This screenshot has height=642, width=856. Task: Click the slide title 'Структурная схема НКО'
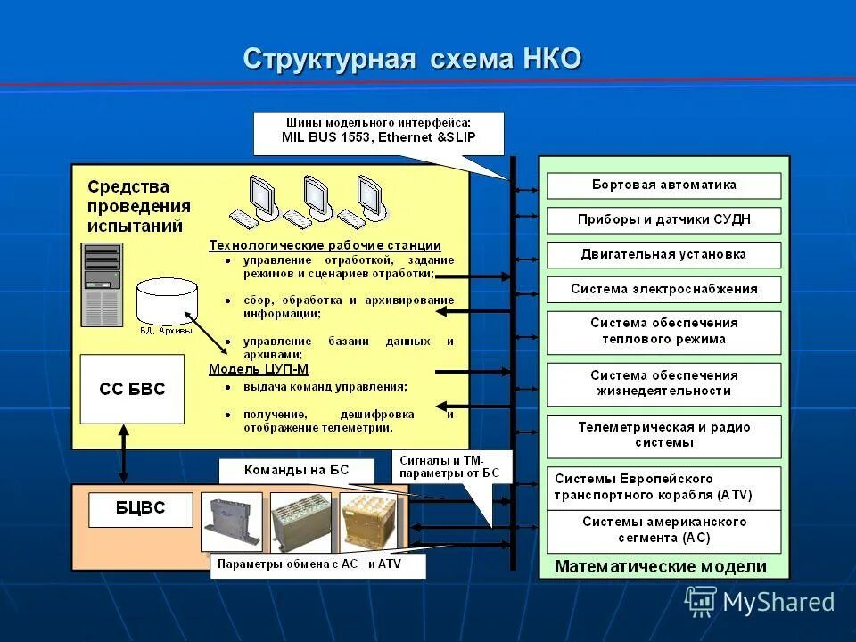click(x=412, y=60)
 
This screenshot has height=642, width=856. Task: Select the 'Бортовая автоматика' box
click(x=663, y=185)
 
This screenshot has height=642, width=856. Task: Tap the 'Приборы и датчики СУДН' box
click(x=663, y=219)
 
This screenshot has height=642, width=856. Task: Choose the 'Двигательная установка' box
click(x=663, y=254)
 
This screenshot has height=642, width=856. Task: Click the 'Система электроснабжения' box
click(x=663, y=289)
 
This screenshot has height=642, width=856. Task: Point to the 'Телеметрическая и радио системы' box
click(x=663, y=435)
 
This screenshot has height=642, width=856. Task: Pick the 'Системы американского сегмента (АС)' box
click(x=663, y=530)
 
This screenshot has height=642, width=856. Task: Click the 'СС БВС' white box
click(x=132, y=389)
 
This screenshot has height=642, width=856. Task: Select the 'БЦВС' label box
click(x=141, y=509)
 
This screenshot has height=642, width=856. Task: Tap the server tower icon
click(x=102, y=284)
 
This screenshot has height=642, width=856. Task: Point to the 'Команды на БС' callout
click(x=298, y=470)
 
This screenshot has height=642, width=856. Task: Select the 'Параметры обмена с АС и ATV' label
click(x=317, y=564)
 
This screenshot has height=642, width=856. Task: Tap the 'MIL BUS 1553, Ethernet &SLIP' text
click(x=380, y=137)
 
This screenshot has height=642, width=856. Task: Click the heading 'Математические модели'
click(x=660, y=566)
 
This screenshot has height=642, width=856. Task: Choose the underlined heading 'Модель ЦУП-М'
click(x=258, y=368)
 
